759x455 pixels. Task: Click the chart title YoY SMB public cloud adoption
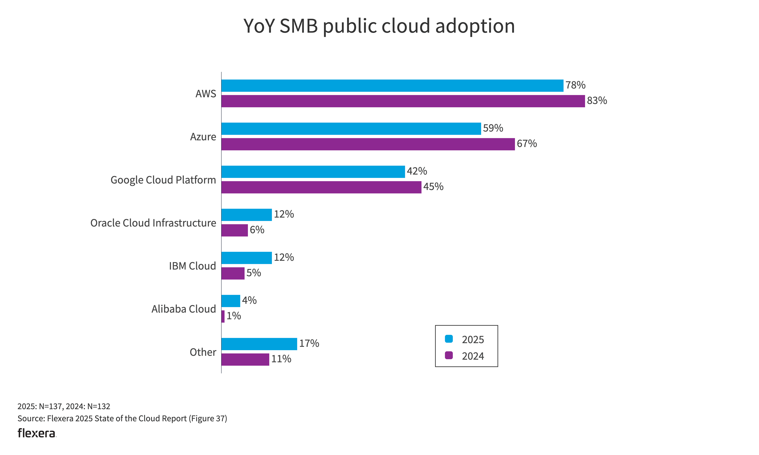[x=379, y=26]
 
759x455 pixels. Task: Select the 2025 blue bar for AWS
[x=392, y=86]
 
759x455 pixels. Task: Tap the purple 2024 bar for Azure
[x=368, y=144]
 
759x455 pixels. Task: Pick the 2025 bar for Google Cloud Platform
[x=313, y=172]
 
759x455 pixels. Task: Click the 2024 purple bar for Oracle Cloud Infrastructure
[x=235, y=230]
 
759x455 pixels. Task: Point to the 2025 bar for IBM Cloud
[x=246, y=258]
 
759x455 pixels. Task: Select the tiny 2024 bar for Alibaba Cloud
[x=223, y=316]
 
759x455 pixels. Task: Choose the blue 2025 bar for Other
[x=259, y=344]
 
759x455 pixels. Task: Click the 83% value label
[x=597, y=101]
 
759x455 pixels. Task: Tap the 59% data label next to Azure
[x=493, y=128]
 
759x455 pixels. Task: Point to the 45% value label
[x=433, y=187]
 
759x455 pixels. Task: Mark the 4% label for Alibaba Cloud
[x=249, y=300]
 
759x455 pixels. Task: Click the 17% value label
[x=309, y=343]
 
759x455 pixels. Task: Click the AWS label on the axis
[x=206, y=94]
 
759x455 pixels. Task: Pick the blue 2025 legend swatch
[x=449, y=339]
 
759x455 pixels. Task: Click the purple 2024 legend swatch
[x=449, y=355]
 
